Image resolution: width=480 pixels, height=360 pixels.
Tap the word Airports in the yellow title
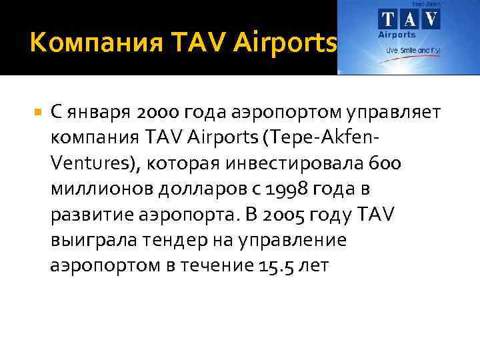click(x=285, y=44)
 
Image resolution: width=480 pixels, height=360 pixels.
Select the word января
click(x=95, y=113)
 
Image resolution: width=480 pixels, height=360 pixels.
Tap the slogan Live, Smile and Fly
click(x=409, y=51)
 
